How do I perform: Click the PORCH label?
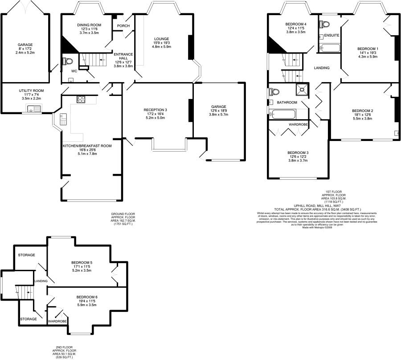click(123, 26)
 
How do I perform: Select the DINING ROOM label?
click(89, 25)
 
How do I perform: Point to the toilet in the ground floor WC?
click(67, 61)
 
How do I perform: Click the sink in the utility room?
click(33, 108)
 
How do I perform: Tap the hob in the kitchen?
click(81, 99)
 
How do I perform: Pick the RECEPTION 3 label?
click(155, 110)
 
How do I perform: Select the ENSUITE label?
click(331, 35)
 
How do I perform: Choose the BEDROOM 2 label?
click(362, 110)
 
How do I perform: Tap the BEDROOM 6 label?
click(86, 297)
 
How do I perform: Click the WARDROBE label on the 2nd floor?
click(57, 321)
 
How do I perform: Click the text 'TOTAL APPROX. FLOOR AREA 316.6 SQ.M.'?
click(306, 209)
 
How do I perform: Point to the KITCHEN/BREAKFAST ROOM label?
click(87, 145)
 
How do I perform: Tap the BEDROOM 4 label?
click(296, 24)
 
